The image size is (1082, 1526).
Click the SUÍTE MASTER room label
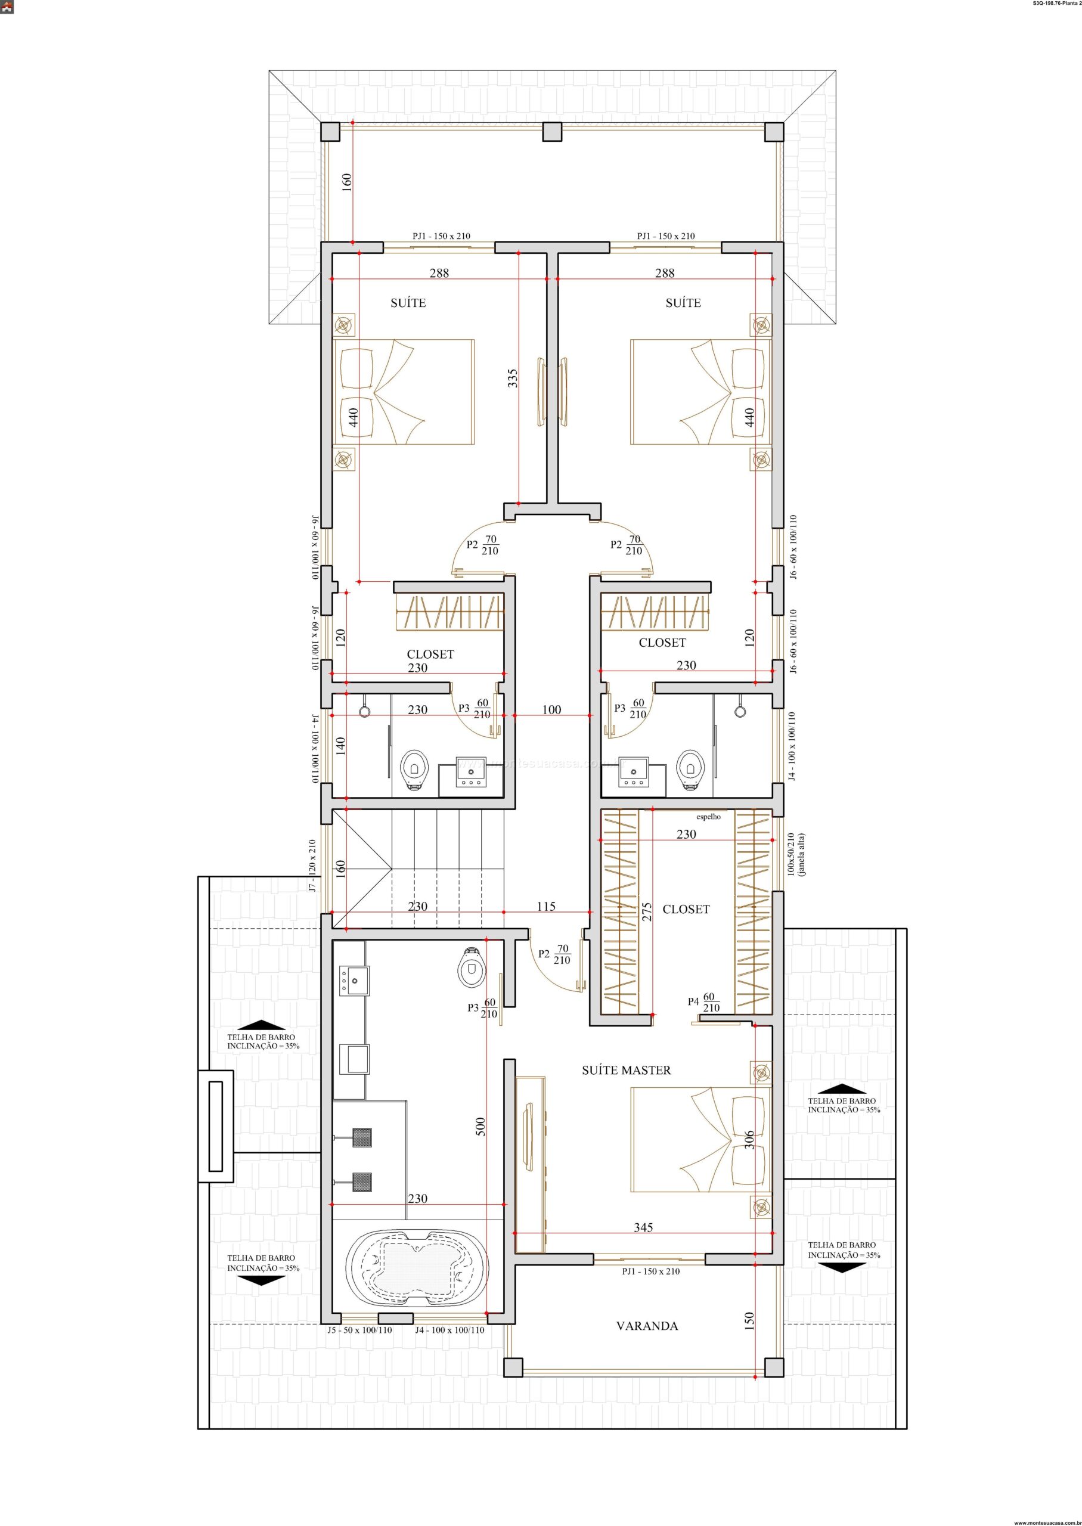(627, 1071)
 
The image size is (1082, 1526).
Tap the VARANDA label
(647, 1326)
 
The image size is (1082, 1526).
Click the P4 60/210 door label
(704, 1021)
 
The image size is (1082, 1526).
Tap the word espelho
(709, 817)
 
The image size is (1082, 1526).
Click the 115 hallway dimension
(545, 906)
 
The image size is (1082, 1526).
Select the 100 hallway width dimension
(551, 709)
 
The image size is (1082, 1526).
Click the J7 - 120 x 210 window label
(312, 864)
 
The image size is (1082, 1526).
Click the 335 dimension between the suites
(512, 379)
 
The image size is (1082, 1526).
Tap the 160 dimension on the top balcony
(346, 182)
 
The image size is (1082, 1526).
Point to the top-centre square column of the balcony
(551, 132)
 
